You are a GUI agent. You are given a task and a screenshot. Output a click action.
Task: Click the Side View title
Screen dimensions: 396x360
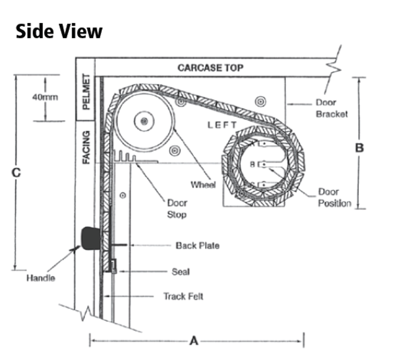(59, 31)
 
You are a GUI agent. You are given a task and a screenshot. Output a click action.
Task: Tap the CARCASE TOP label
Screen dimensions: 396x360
(210, 68)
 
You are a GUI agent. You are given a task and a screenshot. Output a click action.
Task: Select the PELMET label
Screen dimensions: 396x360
(86, 92)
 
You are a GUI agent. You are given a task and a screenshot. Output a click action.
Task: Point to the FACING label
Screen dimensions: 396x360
(86, 148)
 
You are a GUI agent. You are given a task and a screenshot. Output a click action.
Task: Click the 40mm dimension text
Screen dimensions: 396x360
(45, 97)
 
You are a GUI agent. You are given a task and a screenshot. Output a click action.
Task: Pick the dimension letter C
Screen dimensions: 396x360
(16, 173)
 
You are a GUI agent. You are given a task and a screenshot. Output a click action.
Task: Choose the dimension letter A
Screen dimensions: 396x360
(194, 341)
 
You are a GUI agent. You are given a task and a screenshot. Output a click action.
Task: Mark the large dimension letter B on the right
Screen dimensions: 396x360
(360, 148)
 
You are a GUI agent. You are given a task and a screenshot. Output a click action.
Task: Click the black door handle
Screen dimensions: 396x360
(90, 238)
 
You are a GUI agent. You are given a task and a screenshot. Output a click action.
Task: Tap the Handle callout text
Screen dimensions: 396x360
(41, 278)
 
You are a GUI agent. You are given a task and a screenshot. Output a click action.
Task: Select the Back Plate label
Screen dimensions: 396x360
(197, 245)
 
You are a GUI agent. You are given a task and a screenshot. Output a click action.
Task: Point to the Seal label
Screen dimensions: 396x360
(181, 272)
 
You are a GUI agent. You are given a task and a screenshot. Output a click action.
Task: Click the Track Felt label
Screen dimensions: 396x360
(183, 296)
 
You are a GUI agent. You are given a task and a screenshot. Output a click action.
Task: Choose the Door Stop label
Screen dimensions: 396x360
(177, 209)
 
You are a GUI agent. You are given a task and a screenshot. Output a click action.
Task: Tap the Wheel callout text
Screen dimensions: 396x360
(203, 185)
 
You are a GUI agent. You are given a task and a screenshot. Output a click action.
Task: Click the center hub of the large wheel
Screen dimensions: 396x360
(144, 121)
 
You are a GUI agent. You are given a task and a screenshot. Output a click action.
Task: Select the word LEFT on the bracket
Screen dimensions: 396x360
(222, 125)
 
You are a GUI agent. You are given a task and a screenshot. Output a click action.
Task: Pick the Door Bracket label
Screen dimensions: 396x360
(332, 108)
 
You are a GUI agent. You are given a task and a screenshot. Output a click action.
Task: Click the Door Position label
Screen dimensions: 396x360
(334, 197)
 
